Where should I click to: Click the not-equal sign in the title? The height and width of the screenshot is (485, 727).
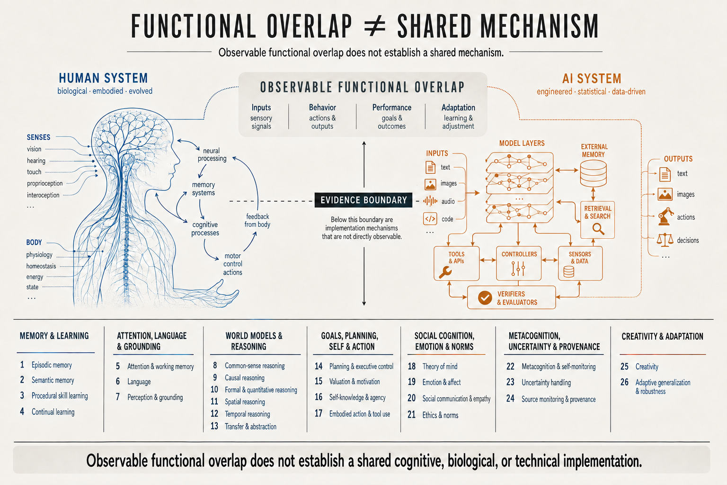tap(375, 27)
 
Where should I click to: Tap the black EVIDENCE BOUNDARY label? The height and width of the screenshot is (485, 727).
tap(363, 200)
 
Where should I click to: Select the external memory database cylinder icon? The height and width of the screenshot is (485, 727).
tap(593, 174)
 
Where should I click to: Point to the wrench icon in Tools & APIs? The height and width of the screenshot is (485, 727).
tap(445, 272)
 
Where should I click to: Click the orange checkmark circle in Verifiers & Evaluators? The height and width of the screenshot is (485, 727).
tap(485, 297)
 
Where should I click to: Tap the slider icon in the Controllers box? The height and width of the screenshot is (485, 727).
tap(518, 269)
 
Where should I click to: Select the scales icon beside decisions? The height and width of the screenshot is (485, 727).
tap(665, 240)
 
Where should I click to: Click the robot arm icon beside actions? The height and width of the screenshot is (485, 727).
tap(665, 216)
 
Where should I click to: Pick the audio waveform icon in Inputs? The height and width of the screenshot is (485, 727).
tap(430, 201)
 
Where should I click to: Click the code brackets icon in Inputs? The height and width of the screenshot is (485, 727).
tap(430, 219)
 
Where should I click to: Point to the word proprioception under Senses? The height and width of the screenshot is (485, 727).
tap(45, 184)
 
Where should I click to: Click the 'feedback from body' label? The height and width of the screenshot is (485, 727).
tap(257, 220)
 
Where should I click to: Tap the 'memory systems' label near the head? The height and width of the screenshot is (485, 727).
tap(204, 189)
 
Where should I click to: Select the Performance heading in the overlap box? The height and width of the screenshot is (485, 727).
tap(392, 108)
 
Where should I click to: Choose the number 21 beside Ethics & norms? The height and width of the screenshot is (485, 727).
tap(411, 414)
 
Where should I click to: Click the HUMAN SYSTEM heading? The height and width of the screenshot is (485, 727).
tap(103, 78)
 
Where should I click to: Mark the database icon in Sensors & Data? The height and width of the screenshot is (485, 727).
tap(568, 271)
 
